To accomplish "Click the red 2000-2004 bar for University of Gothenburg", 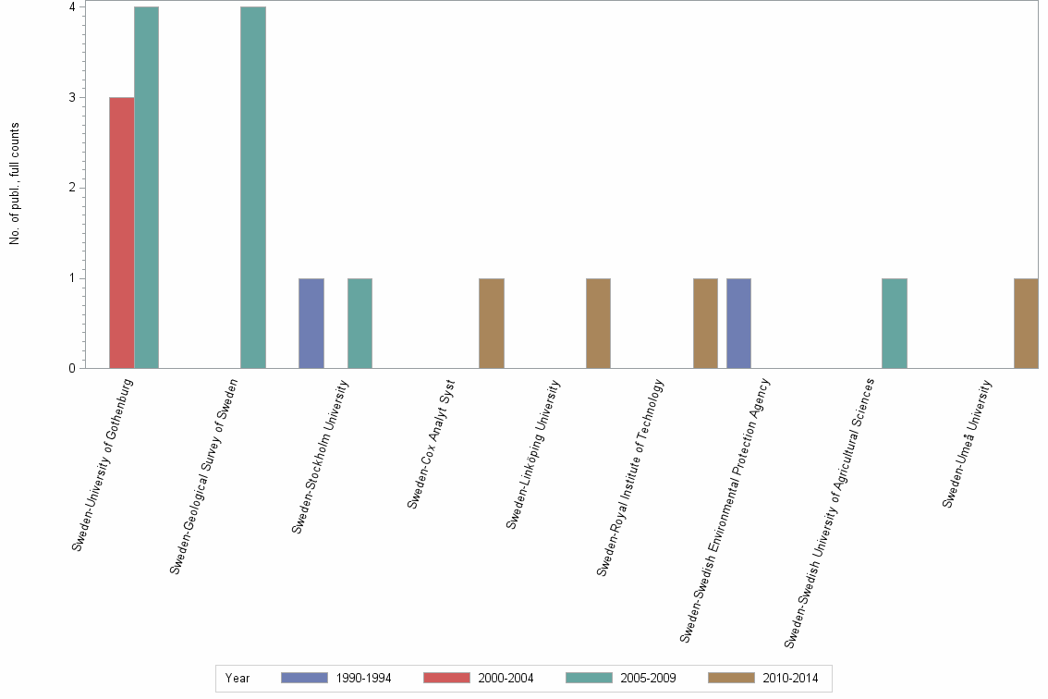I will [122, 233].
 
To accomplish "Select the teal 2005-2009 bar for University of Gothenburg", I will [147, 188].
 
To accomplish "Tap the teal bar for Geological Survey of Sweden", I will [253, 188].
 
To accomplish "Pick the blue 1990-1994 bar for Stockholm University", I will [311, 324].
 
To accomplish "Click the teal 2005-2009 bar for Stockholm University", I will [359, 324].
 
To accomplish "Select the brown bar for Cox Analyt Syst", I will [492, 324].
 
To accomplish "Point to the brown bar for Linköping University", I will [598, 324].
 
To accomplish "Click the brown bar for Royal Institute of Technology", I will [705, 324].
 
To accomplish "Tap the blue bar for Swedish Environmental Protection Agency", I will [738, 324].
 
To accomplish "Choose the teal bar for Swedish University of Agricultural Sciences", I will [894, 324].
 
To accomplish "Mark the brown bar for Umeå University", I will [1026, 324].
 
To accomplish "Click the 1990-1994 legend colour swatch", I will [304, 678].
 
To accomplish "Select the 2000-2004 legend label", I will [506, 678].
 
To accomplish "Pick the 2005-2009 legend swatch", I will [589, 678].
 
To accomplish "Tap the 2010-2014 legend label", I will [790, 678].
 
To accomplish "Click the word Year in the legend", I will [238, 678].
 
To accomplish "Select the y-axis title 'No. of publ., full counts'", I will [15, 185].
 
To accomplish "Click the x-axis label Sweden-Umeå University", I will [967, 443].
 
